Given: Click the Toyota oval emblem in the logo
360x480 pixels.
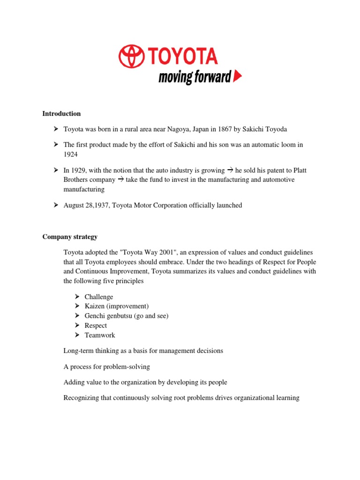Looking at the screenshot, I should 132,56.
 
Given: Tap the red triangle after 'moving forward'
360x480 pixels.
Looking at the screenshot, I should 238,76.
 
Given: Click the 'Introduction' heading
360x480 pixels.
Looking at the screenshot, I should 61,113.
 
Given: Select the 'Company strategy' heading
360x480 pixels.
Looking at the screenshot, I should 70,237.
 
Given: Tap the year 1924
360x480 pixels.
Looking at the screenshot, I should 71,154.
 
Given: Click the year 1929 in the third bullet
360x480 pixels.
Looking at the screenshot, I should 80,170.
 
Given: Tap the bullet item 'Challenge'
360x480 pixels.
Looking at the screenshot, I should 99,297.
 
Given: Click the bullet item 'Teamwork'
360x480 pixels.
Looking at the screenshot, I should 100,335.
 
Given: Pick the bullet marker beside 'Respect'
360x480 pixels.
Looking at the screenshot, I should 77,325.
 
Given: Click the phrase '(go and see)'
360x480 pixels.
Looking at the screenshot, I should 151,316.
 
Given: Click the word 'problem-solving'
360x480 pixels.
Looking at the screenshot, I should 130,367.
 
